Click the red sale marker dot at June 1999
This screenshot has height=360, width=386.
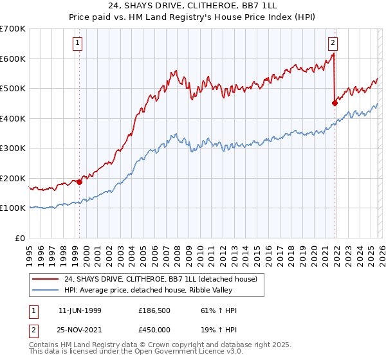click(x=80, y=182)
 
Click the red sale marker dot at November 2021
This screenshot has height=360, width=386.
click(x=335, y=103)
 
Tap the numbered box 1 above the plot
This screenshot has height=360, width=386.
click(x=77, y=43)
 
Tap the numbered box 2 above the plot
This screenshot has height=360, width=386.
click(x=333, y=43)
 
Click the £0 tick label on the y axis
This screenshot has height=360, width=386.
click(x=21, y=239)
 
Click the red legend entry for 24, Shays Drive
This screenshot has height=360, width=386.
click(x=161, y=279)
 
